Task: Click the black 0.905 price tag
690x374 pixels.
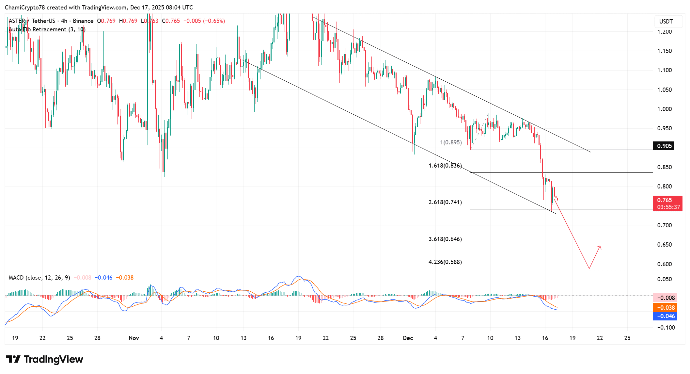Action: coord(664,146)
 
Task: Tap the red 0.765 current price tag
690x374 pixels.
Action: coord(667,200)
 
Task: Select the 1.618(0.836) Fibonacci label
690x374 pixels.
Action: coord(445,166)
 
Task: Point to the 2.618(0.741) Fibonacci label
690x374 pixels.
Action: coord(445,202)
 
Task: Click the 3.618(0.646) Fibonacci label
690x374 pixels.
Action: coord(445,239)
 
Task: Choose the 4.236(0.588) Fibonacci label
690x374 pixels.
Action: coord(445,262)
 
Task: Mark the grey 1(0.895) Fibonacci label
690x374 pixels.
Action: coord(451,142)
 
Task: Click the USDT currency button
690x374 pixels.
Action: coord(666,22)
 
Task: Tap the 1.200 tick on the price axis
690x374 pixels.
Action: coord(664,32)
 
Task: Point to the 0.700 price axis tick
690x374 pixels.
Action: coord(664,225)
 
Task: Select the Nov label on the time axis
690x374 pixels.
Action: coord(134,338)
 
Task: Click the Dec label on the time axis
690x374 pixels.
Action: coord(408,338)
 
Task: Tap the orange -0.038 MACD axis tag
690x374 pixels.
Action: coord(665,308)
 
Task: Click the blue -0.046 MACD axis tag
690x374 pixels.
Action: coord(665,316)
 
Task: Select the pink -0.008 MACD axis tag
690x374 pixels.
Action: coord(665,298)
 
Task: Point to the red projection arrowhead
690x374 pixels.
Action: coord(600,247)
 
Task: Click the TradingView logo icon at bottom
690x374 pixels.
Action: coord(13,359)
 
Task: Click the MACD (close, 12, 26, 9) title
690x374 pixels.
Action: coord(39,278)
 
